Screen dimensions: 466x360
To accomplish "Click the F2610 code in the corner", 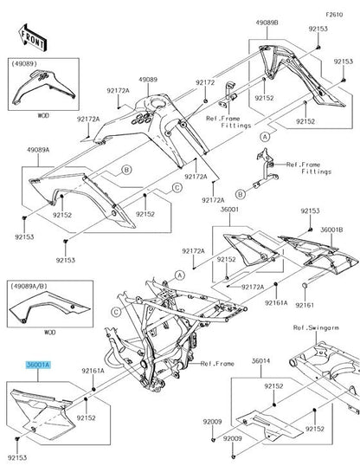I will (334, 15).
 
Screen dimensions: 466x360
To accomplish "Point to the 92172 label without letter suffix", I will (204, 82).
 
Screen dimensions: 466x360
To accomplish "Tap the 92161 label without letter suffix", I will (305, 305).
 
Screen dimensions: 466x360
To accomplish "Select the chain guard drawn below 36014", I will (260, 424).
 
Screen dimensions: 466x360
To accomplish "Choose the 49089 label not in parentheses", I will (150, 79).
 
